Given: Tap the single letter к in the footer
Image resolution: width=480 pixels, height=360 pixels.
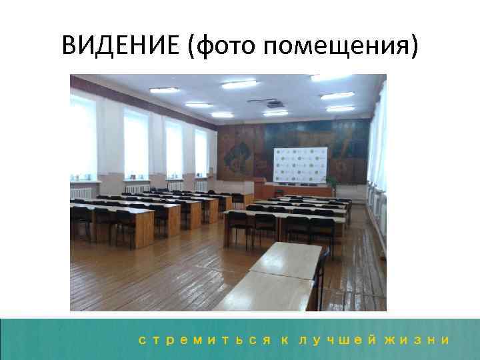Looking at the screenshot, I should point(285,339).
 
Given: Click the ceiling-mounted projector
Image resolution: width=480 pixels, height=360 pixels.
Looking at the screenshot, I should point(273,104).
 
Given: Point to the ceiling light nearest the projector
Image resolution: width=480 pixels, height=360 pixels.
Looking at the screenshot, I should point(275,113).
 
